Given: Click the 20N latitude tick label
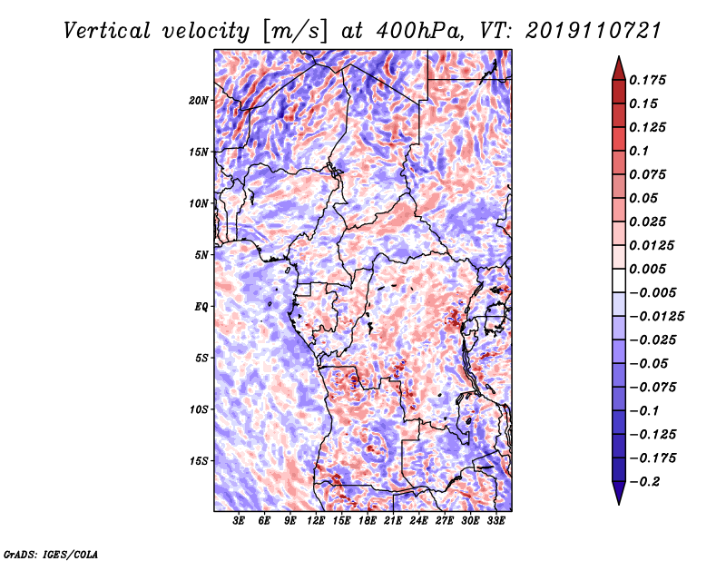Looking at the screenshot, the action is [x=199, y=101].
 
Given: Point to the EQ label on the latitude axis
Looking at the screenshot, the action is [x=201, y=307].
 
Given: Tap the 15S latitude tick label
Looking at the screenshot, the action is [x=199, y=461].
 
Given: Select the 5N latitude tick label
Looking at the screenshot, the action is [x=201, y=255].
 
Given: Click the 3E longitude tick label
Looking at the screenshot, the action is [x=239, y=521].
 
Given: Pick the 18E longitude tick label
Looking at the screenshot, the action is [x=368, y=521].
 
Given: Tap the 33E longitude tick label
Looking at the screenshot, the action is [x=495, y=521].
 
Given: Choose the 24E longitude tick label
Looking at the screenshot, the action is [x=418, y=521].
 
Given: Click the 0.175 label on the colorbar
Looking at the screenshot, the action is [x=648, y=80].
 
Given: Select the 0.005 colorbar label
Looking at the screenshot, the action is [x=648, y=269].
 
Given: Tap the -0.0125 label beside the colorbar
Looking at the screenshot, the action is [x=656, y=317].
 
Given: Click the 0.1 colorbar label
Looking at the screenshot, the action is [x=639, y=151].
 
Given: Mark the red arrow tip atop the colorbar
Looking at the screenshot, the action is [x=619, y=56].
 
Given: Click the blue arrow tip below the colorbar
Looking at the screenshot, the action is [x=619, y=504].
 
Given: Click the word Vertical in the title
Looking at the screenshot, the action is [x=107, y=31].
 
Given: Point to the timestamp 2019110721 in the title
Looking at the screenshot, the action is [x=594, y=31].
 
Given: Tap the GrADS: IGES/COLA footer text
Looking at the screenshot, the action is [x=51, y=554].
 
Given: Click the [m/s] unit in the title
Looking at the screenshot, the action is [x=296, y=32].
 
